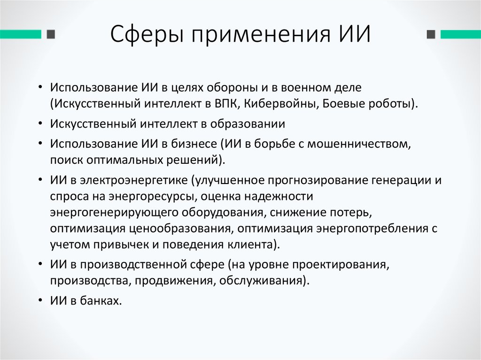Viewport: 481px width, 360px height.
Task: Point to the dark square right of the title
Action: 430,35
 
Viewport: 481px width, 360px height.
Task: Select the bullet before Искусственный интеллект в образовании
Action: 42,124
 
